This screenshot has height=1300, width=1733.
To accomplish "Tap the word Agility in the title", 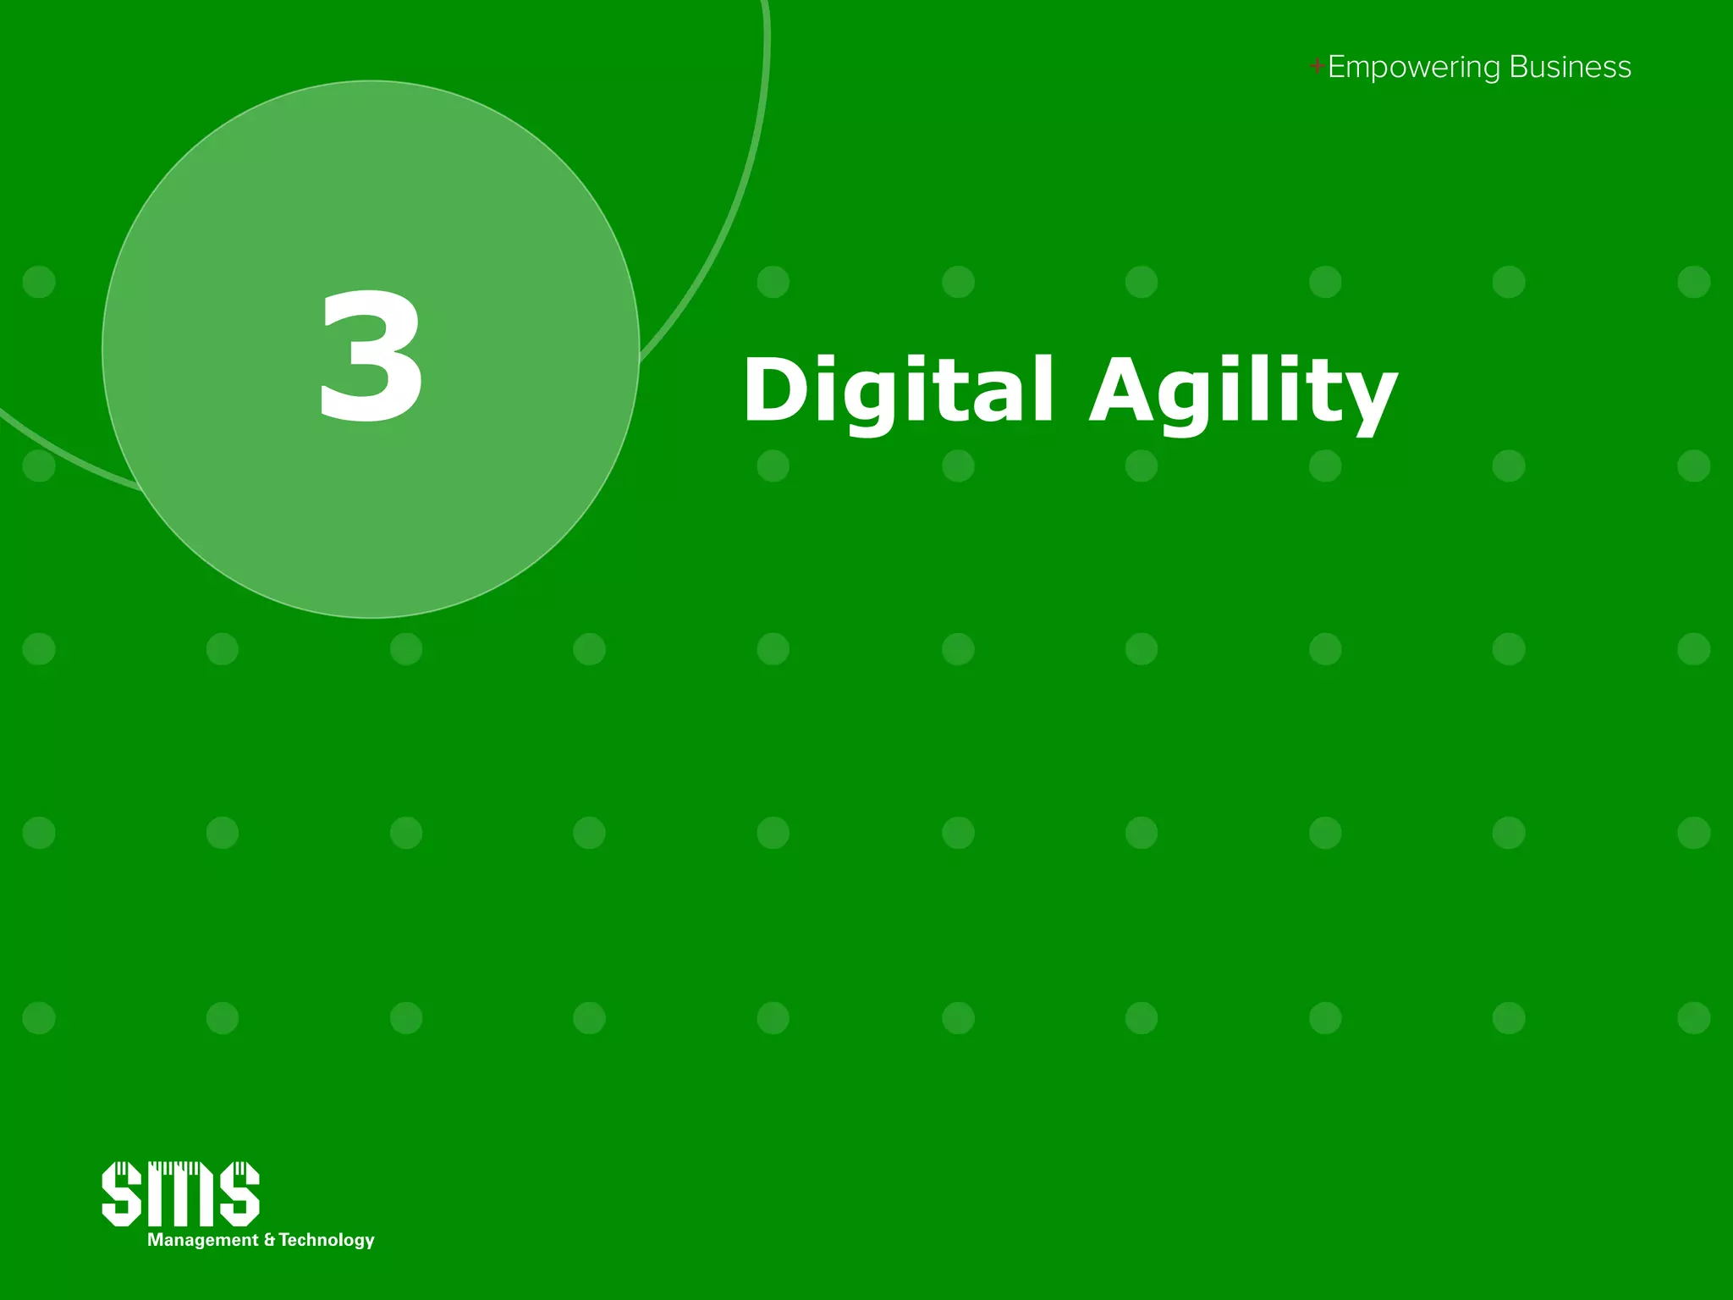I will pos(1242,392).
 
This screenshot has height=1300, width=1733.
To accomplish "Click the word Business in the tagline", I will pos(1570,67).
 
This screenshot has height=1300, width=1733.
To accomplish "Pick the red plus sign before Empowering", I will pos(1317,66).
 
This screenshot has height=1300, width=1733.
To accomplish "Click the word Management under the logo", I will pos(202,1240).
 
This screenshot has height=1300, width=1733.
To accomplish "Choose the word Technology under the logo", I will pos(327,1240).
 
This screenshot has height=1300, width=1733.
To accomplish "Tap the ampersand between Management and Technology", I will pos(269,1240).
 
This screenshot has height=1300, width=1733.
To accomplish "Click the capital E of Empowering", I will pos(1337,67).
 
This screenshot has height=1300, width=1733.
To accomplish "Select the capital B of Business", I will pos(1518,67).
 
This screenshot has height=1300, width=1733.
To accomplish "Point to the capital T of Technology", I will pos(285,1240).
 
